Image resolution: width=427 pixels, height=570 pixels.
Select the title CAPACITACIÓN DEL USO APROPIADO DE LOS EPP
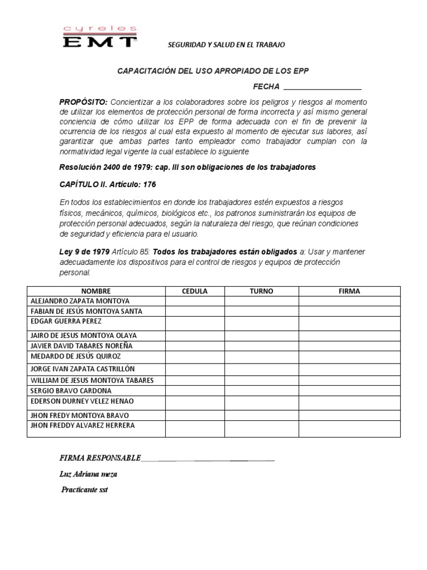tap(213, 71)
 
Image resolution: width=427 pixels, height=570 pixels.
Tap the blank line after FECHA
tap(322, 88)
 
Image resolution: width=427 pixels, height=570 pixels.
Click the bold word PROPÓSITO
tap(83, 102)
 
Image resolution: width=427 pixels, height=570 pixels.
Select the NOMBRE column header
tap(96, 291)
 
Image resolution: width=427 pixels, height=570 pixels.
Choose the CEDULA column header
tap(195, 291)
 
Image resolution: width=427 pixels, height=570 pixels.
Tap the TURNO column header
tap(261, 291)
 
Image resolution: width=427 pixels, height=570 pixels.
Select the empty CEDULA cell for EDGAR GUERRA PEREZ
tap(195, 323)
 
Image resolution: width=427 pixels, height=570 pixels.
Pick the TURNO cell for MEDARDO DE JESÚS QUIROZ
tap(261, 357)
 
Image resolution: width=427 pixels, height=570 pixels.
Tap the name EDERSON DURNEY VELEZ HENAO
tap(82, 401)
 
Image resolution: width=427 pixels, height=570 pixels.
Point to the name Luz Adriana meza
tap(88, 474)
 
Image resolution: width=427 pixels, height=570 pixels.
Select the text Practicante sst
tap(88, 490)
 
